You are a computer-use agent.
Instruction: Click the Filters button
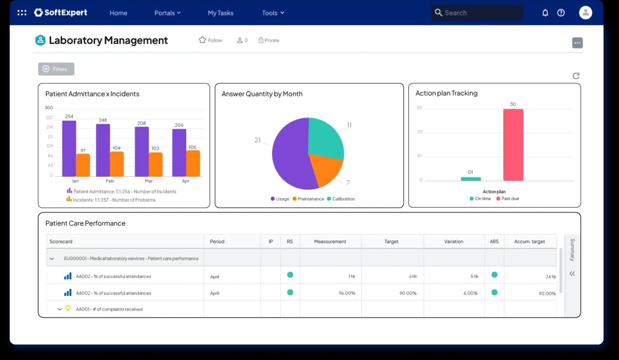pyautogui.click(x=56, y=69)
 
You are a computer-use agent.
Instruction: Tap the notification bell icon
pyautogui.click(x=545, y=13)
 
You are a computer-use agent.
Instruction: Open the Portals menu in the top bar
pyautogui.click(x=168, y=13)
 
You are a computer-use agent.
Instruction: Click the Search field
pyautogui.click(x=477, y=13)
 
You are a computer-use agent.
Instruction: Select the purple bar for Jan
pyautogui.click(x=69, y=148)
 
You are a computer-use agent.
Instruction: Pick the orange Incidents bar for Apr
pyautogui.click(x=193, y=163)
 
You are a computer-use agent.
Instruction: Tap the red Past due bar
pyautogui.click(x=513, y=145)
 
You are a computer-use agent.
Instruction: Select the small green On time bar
pyautogui.click(x=471, y=179)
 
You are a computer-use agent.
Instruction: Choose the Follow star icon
pyautogui.click(x=202, y=40)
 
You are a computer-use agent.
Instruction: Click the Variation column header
pyautogui.click(x=454, y=241)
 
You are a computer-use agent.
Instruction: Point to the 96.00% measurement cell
pyautogui.click(x=347, y=293)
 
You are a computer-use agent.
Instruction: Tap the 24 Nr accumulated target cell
pyautogui.click(x=551, y=277)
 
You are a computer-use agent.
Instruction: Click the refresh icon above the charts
pyautogui.click(x=576, y=76)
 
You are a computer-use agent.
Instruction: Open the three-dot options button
pyautogui.click(x=577, y=43)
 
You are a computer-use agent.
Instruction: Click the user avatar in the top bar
pyautogui.click(x=585, y=13)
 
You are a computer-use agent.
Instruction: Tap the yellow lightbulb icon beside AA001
pyautogui.click(x=68, y=308)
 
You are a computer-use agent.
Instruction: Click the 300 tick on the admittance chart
pyautogui.click(x=49, y=108)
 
